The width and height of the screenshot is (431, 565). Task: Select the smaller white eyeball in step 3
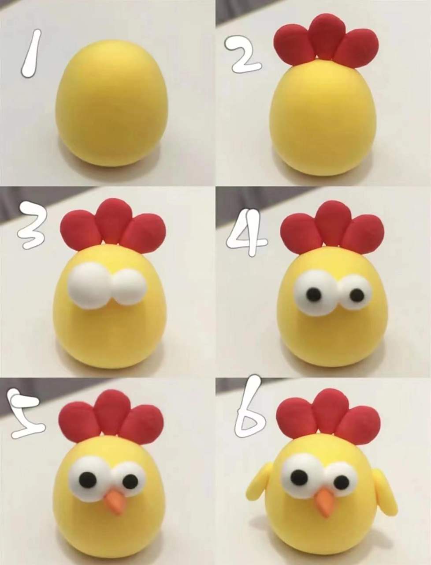click(129, 288)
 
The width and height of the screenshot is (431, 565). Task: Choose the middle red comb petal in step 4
click(333, 222)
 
